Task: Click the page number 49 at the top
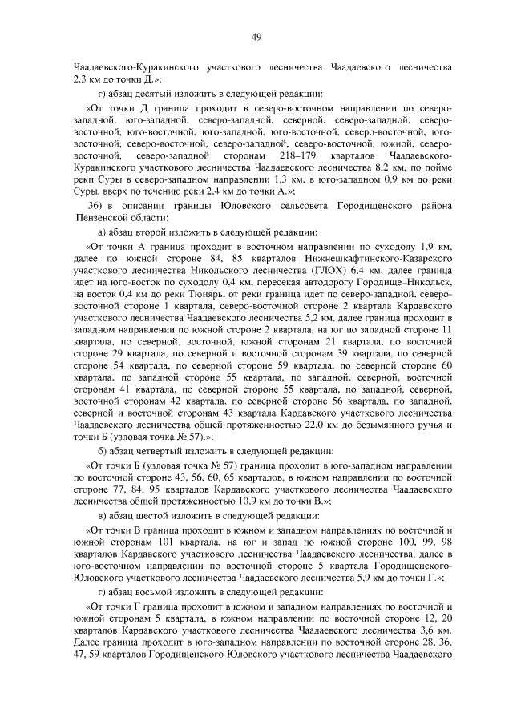click(x=256, y=36)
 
